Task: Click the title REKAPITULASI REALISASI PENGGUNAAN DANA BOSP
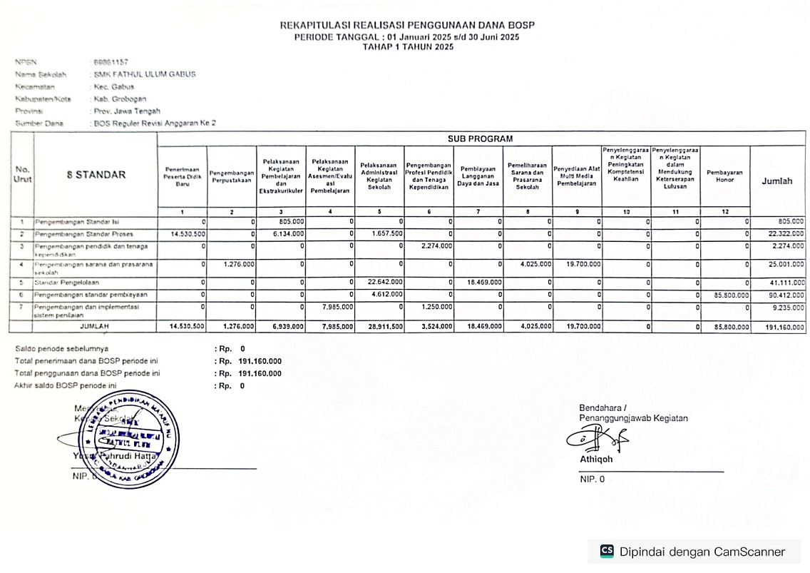click(407, 26)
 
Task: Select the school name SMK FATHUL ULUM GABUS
click(145, 74)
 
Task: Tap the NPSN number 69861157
click(111, 63)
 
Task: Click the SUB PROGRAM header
click(480, 138)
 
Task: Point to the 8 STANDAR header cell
click(96, 175)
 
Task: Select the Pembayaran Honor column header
click(724, 176)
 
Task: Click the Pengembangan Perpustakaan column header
click(232, 176)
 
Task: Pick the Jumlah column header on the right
click(777, 181)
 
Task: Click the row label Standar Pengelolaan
click(68, 283)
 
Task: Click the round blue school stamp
click(128, 439)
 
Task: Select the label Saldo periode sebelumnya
click(62, 349)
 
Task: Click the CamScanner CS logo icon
click(607, 551)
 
